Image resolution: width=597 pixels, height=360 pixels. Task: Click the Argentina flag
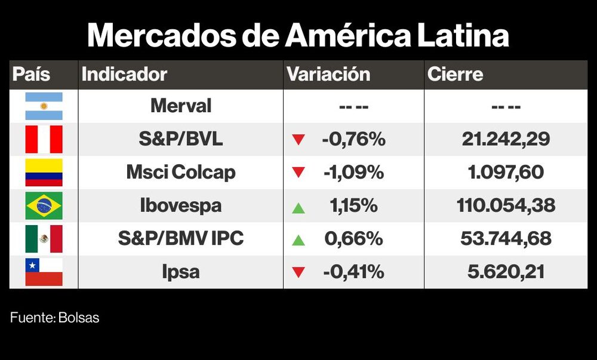tap(44, 106)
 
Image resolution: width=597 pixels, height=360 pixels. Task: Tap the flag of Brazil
tap(44, 206)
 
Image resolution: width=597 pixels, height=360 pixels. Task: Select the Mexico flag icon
tap(44, 239)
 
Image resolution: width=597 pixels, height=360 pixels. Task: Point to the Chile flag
tap(44, 272)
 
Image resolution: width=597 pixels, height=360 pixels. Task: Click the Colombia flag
tap(44, 173)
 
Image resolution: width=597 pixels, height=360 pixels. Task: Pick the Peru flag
tap(44, 140)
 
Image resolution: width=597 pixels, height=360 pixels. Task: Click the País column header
tap(32, 75)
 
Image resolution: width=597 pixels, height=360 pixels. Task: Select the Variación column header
tap(328, 75)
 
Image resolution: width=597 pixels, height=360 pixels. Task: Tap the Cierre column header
tap(455, 75)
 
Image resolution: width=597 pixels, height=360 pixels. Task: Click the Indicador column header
tap(124, 75)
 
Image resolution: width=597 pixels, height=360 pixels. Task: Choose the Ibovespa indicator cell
tap(180, 206)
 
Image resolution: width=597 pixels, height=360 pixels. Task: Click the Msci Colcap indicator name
tap(180, 173)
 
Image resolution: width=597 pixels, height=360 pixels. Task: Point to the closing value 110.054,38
tap(506, 206)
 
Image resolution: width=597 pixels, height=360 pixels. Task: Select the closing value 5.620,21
tap(506, 272)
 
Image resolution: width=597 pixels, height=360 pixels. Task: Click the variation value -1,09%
tap(353, 173)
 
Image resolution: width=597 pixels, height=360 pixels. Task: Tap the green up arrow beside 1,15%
tap(298, 208)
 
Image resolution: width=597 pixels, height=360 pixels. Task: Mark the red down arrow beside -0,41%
tap(298, 272)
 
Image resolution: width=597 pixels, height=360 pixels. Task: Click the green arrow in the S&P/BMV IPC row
tap(298, 241)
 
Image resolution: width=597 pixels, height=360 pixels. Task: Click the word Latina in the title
tap(458, 36)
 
